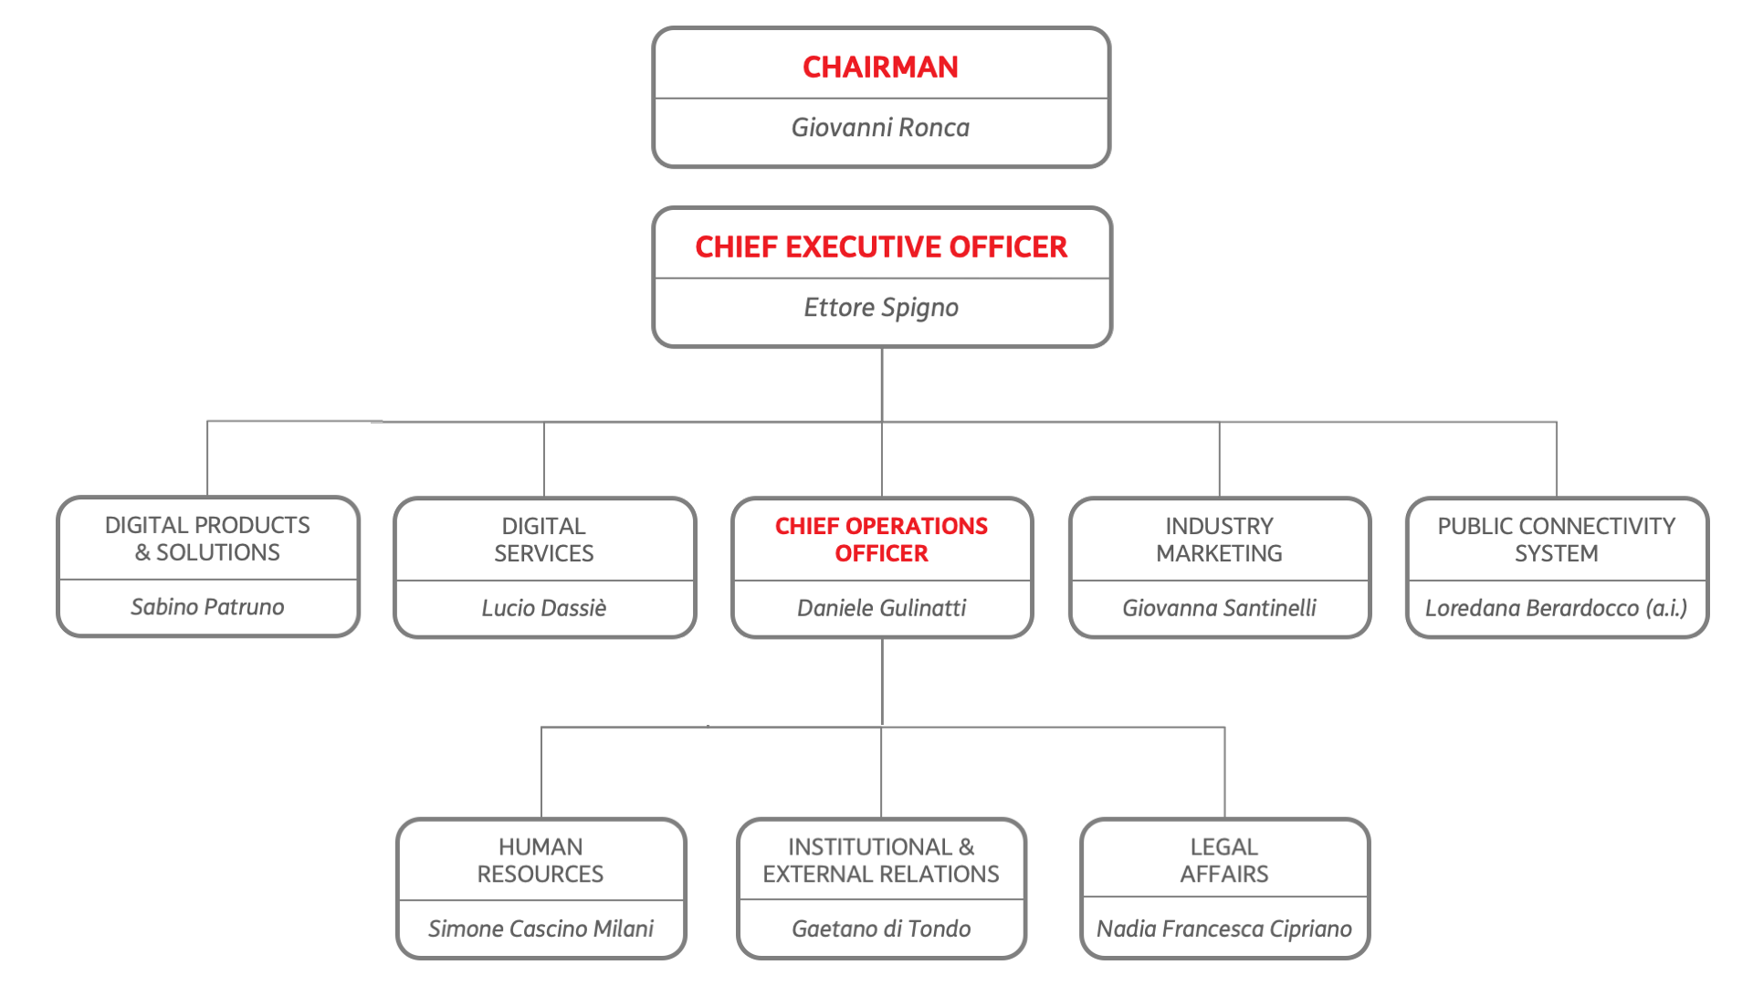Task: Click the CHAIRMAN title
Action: click(x=880, y=67)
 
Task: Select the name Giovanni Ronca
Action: click(x=880, y=128)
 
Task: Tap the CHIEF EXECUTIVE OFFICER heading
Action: click(x=881, y=246)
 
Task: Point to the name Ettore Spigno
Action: click(x=881, y=308)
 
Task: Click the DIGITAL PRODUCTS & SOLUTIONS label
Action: click(x=207, y=539)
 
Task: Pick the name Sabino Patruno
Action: click(x=207, y=607)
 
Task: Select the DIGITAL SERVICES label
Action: click(x=544, y=540)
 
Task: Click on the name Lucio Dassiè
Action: click(x=544, y=608)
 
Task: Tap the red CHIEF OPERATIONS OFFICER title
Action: click(x=881, y=540)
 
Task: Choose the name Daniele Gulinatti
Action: click(x=881, y=608)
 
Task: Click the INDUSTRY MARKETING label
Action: click(x=1219, y=540)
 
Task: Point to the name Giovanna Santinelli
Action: click(x=1219, y=608)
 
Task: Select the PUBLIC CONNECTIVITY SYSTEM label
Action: click(x=1556, y=540)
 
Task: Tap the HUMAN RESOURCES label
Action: click(x=541, y=860)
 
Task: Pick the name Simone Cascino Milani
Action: click(x=541, y=928)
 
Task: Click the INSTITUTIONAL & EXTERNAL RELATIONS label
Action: click(x=881, y=860)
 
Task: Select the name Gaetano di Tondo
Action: click(x=881, y=928)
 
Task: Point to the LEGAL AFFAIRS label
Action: click(x=1224, y=860)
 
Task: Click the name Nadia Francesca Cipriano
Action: click(x=1224, y=928)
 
